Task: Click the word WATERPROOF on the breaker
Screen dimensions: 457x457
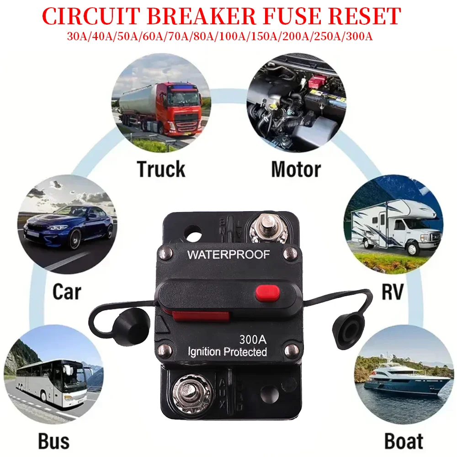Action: (x=228, y=255)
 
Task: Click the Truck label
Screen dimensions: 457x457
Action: (x=161, y=169)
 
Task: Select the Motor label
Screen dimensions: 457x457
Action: (x=296, y=169)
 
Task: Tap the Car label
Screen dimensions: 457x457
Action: (x=66, y=291)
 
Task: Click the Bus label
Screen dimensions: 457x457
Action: (x=53, y=441)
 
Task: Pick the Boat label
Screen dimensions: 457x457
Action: (x=404, y=441)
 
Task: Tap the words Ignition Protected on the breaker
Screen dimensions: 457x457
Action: (x=228, y=352)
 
